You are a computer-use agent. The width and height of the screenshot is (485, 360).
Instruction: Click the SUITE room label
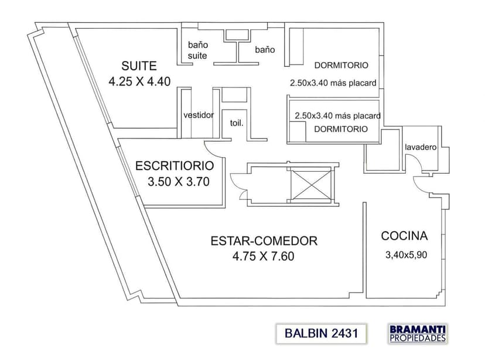click(139, 65)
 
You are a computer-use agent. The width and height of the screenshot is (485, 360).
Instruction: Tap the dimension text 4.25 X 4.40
click(139, 81)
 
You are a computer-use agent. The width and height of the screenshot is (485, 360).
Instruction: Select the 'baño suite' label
click(197, 50)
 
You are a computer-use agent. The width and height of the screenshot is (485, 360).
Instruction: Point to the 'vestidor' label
click(199, 115)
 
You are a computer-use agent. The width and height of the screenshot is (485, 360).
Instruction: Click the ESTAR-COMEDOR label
click(264, 240)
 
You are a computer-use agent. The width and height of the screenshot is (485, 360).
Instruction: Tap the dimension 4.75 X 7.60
click(263, 256)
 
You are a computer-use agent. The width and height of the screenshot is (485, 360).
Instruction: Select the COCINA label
click(404, 236)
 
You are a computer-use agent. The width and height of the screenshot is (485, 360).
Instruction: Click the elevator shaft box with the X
click(310, 185)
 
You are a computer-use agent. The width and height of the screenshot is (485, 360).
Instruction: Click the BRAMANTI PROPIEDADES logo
click(418, 333)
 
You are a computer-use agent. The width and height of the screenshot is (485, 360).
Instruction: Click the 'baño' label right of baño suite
click(265, 50)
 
